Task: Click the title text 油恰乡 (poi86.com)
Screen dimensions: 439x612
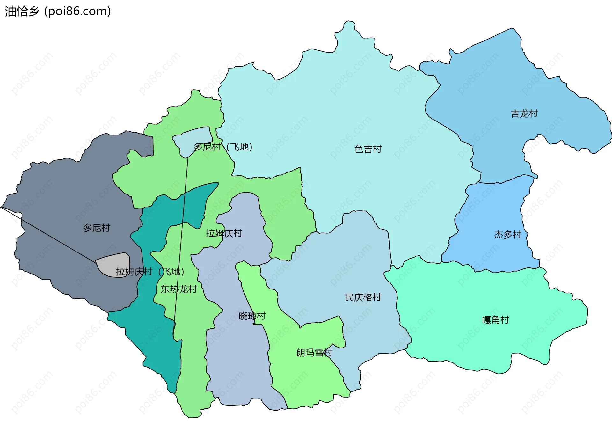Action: (58, 11)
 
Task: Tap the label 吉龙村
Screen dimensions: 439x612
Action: (524, 113)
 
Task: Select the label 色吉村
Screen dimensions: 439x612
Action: (368, 149)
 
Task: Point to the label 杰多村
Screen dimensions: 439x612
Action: (507, 235)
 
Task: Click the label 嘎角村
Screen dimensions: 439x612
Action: (495, 320)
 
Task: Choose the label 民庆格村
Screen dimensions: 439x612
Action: (363, 297)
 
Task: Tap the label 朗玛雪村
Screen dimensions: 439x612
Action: (314, 353)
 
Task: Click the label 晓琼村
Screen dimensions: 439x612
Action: (252, 316)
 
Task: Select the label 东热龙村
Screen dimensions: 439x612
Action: (178, 289)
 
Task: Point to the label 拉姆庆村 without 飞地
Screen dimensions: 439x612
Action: (224, 233)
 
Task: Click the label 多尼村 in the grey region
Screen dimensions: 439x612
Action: (97, 228)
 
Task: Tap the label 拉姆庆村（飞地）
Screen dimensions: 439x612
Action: (150, 272)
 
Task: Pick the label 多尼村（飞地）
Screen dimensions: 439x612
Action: (223, 147)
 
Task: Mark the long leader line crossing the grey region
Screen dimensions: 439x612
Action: (48, 235)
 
